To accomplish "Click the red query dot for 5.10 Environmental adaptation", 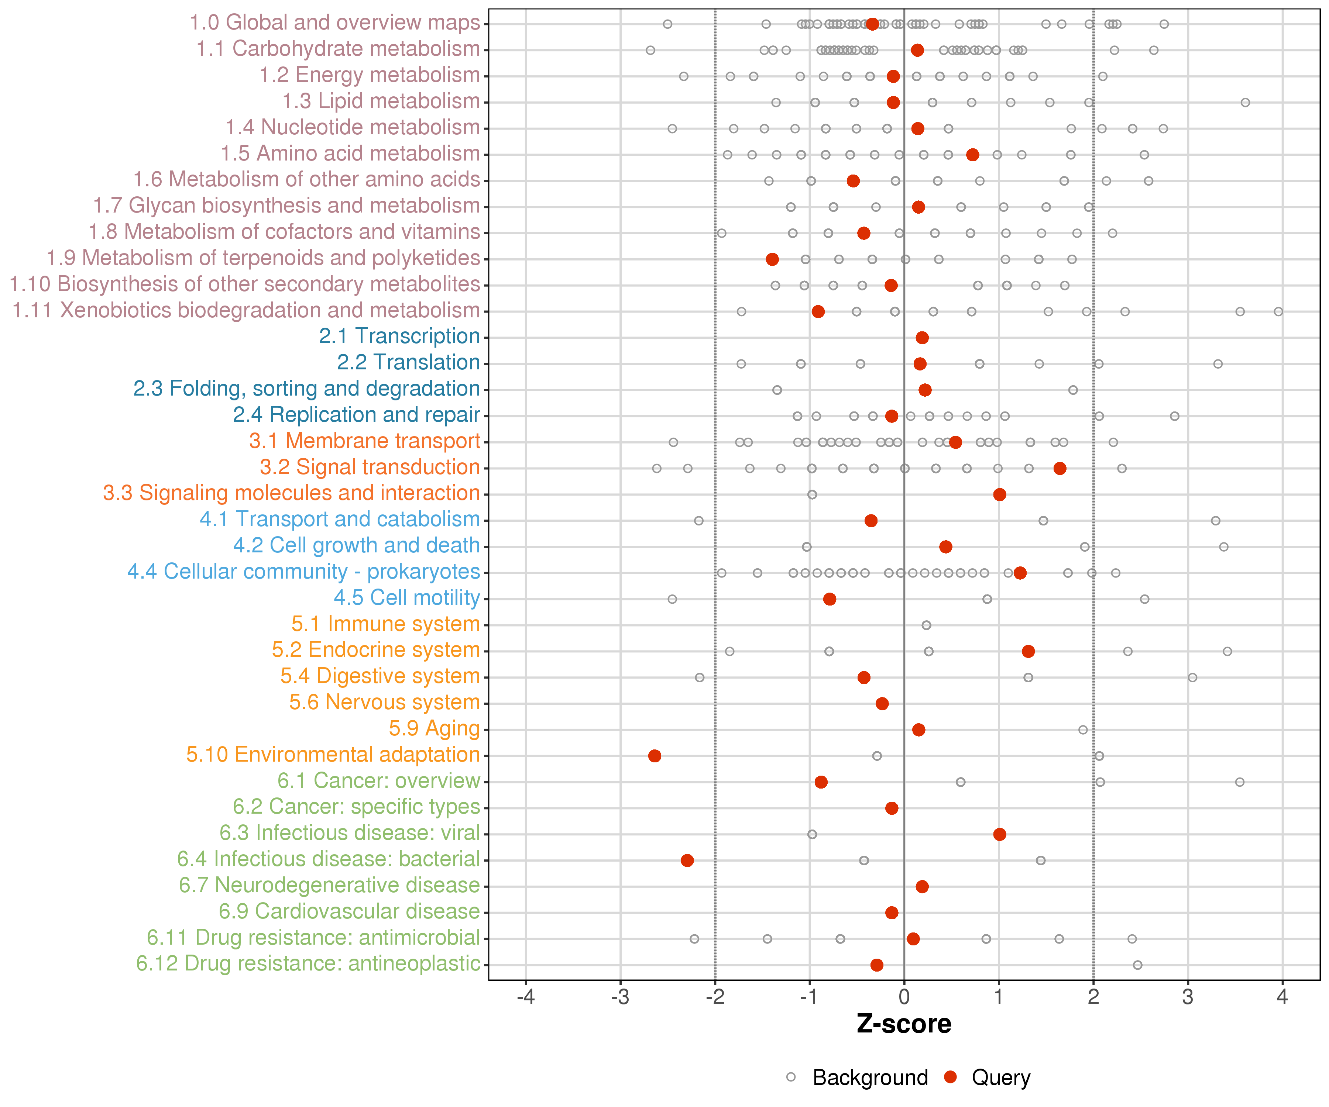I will (655, 756).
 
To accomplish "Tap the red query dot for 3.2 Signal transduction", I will (1060, 468).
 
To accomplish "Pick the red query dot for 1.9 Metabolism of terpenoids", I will (772, 259).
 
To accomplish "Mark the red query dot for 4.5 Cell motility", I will (829, 599).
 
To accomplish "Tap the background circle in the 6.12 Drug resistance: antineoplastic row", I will (1137, 965).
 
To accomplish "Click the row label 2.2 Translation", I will (408, 362).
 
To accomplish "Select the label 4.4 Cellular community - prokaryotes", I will (304, 572).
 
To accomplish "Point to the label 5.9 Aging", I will (434, 729).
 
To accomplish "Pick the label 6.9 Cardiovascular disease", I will (349, 911).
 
